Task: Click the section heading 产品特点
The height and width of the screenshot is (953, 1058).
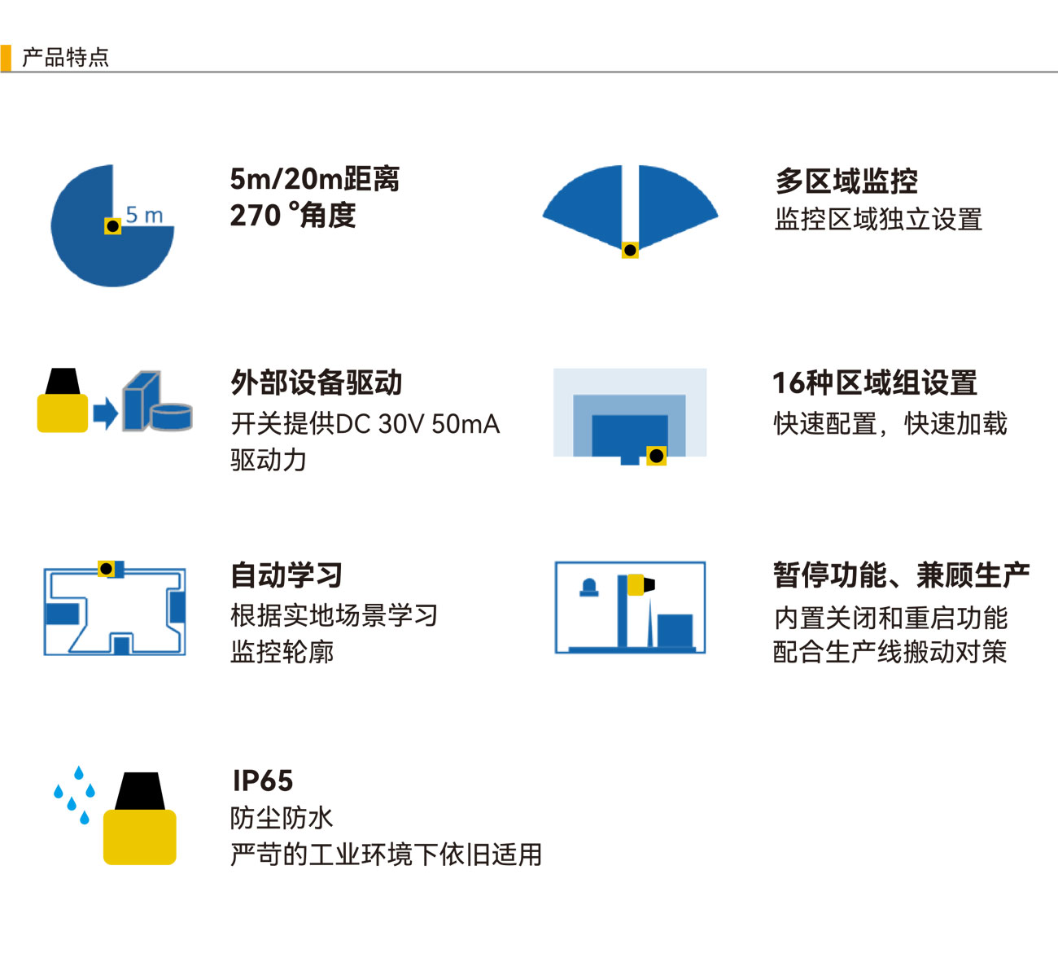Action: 65,58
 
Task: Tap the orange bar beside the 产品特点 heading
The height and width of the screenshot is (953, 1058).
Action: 6,58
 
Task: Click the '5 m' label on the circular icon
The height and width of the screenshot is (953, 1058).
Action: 145,215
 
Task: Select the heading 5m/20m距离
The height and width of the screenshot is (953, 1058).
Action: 315,179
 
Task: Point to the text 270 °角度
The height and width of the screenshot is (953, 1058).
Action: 293,215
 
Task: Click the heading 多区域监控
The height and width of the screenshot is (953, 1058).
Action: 846,181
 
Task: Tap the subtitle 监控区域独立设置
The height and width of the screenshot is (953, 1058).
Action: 878,220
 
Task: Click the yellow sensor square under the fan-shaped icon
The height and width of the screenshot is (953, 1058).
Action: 630,250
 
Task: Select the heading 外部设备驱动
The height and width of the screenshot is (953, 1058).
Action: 317,383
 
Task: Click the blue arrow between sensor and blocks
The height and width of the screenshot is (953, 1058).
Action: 106,413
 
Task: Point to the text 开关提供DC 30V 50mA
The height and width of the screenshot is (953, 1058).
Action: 365,423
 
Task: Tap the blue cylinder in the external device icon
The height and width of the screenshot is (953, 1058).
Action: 172,417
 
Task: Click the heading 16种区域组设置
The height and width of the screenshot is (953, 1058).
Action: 875,383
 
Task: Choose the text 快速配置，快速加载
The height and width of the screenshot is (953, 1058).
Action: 890,423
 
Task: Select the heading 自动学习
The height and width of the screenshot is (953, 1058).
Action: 287,575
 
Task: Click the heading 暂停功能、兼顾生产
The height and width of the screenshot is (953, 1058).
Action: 902,575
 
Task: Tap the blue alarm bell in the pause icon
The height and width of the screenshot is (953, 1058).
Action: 589,588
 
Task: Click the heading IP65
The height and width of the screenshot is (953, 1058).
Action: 263,780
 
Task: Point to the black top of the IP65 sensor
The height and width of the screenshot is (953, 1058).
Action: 139,791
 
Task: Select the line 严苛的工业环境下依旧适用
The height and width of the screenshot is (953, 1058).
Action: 386,855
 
